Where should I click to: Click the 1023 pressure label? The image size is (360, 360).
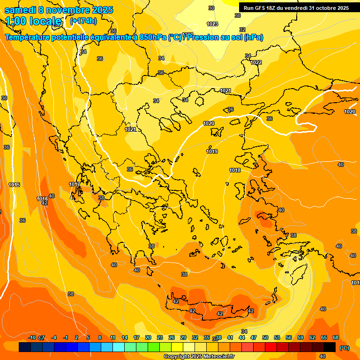pos(212,24)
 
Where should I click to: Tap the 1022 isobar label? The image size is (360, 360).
pos(256,62)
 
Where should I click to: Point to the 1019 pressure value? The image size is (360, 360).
pos(212,151)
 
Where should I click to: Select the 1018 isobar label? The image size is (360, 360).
pos(235,170)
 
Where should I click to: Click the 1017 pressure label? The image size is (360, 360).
pos(75,184)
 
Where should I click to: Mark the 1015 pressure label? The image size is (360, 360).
pos(14,185)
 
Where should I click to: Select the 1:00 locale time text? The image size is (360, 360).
pos(33,21)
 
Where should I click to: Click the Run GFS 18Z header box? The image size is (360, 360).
pos(296,8)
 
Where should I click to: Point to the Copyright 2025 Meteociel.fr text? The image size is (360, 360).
pos(199,356)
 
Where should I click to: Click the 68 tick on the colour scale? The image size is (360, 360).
pos(336,337)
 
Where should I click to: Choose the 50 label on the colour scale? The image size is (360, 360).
pos(265,337)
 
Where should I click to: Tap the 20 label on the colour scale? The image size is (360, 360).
pos(148,337)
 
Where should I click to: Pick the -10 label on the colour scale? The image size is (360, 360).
pos(32,337)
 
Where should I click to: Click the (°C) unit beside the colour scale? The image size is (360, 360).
pos(345,348)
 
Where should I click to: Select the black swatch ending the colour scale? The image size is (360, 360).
pos(330,347)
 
